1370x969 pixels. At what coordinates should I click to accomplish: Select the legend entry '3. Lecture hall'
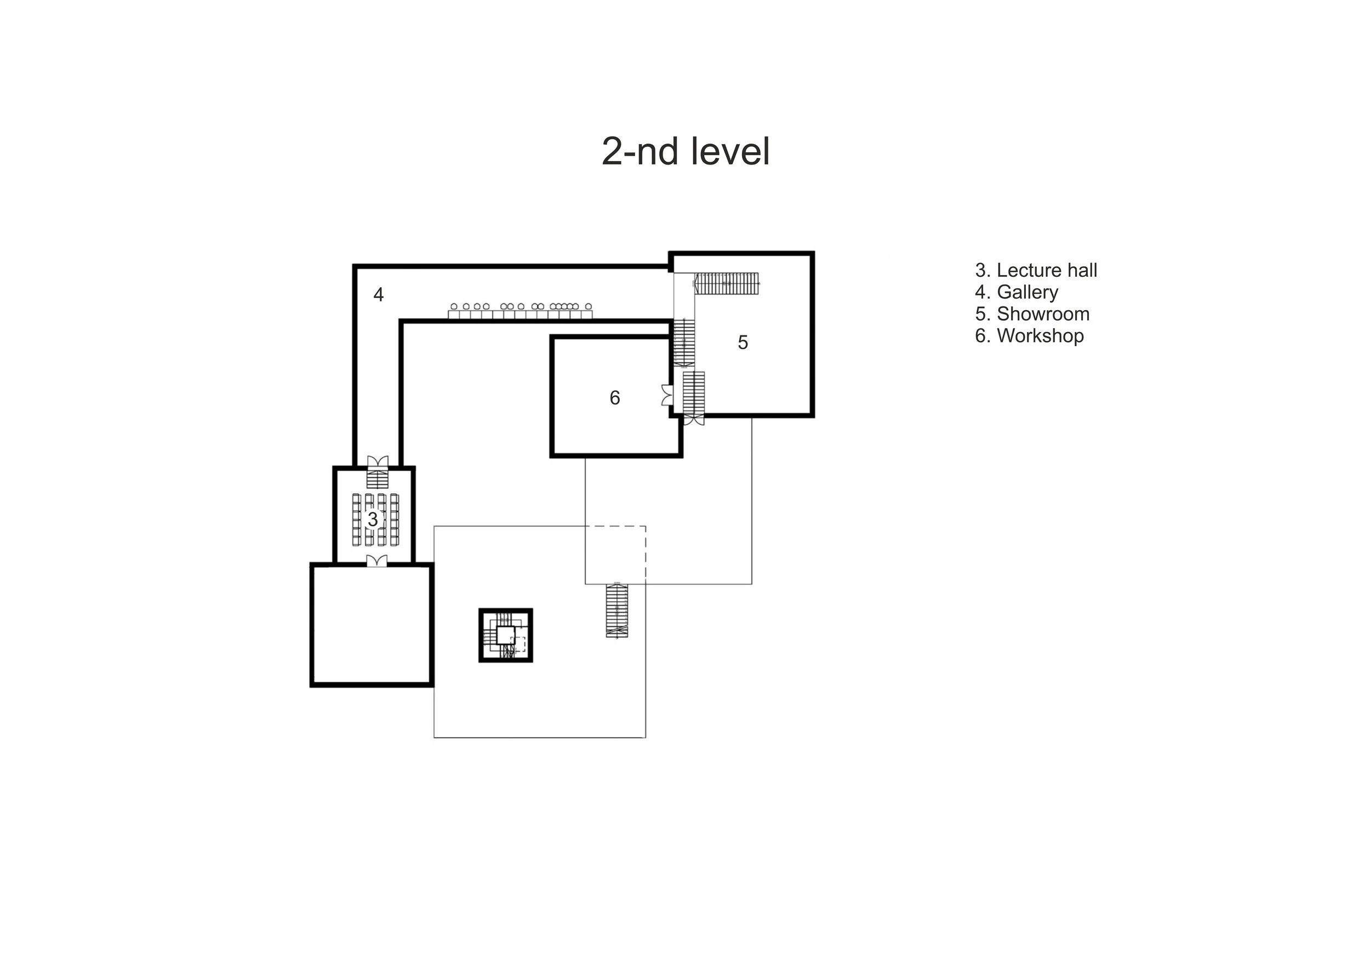(1036, 270)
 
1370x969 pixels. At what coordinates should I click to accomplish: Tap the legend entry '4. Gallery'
(1017, 292)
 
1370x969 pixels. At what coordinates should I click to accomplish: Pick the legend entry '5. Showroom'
(1032, 314)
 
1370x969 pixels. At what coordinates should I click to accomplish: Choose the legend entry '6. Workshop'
(1029, 336)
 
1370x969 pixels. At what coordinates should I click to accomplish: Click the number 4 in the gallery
(378, 294)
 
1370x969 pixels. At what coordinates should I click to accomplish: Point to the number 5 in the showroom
(743, 342)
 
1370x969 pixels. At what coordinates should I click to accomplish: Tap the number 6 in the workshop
(615, 397)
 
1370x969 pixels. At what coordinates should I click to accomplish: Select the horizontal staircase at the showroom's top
(726, 283)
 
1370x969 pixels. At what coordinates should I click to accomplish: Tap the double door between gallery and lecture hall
(377, 462)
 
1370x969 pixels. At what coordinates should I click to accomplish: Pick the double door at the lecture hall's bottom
(376, 561)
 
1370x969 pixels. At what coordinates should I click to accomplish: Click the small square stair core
(505, 635)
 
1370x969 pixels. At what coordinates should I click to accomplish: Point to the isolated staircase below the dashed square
(617, 610)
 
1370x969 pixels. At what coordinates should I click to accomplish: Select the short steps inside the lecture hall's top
(377, 479)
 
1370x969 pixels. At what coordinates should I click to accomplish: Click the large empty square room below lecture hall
(372, 625)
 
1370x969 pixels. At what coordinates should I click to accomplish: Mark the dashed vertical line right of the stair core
(646, 554)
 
